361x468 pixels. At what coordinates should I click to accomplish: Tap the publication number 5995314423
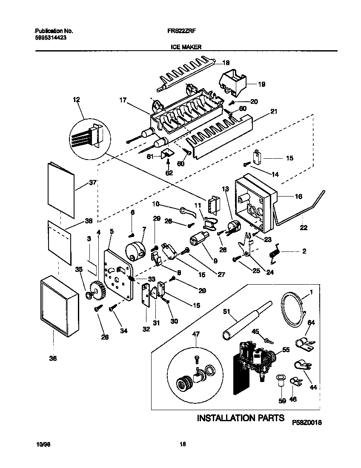(50, 37)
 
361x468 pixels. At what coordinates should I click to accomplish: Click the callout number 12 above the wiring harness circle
(76, 100)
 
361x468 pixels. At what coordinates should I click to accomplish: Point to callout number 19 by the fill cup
(261, 84)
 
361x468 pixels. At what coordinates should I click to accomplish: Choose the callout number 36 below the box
(53, 359)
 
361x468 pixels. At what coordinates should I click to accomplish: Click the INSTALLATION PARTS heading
(240, 418)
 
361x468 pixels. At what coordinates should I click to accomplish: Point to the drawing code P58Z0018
(307, 423)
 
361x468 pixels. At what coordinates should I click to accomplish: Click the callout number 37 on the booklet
(93, 183)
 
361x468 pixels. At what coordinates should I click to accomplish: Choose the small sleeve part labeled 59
(281, 380)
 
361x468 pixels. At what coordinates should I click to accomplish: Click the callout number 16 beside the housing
(298, 196)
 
